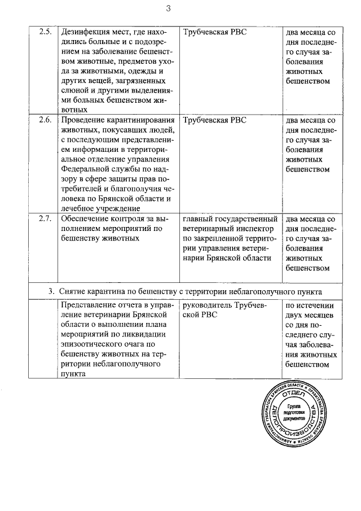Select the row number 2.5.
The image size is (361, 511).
click(x=45, y=32)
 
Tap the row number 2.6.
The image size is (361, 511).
click(x=45, y=120)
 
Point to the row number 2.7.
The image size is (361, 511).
click(x=45, y=219)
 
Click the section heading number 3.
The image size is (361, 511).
click(x=51, y=291)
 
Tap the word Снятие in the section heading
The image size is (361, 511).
click(x=72, y=291)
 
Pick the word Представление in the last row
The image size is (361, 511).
click(x=89, y=305)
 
